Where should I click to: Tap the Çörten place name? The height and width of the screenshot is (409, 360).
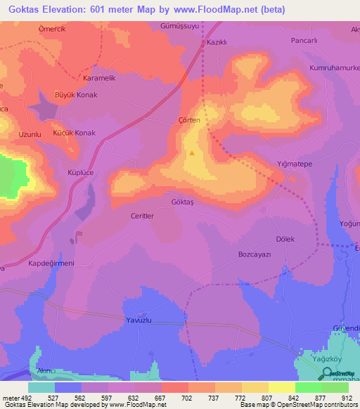(x=190, y=120)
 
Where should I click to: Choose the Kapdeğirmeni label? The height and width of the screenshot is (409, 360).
(x=51, y=263)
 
